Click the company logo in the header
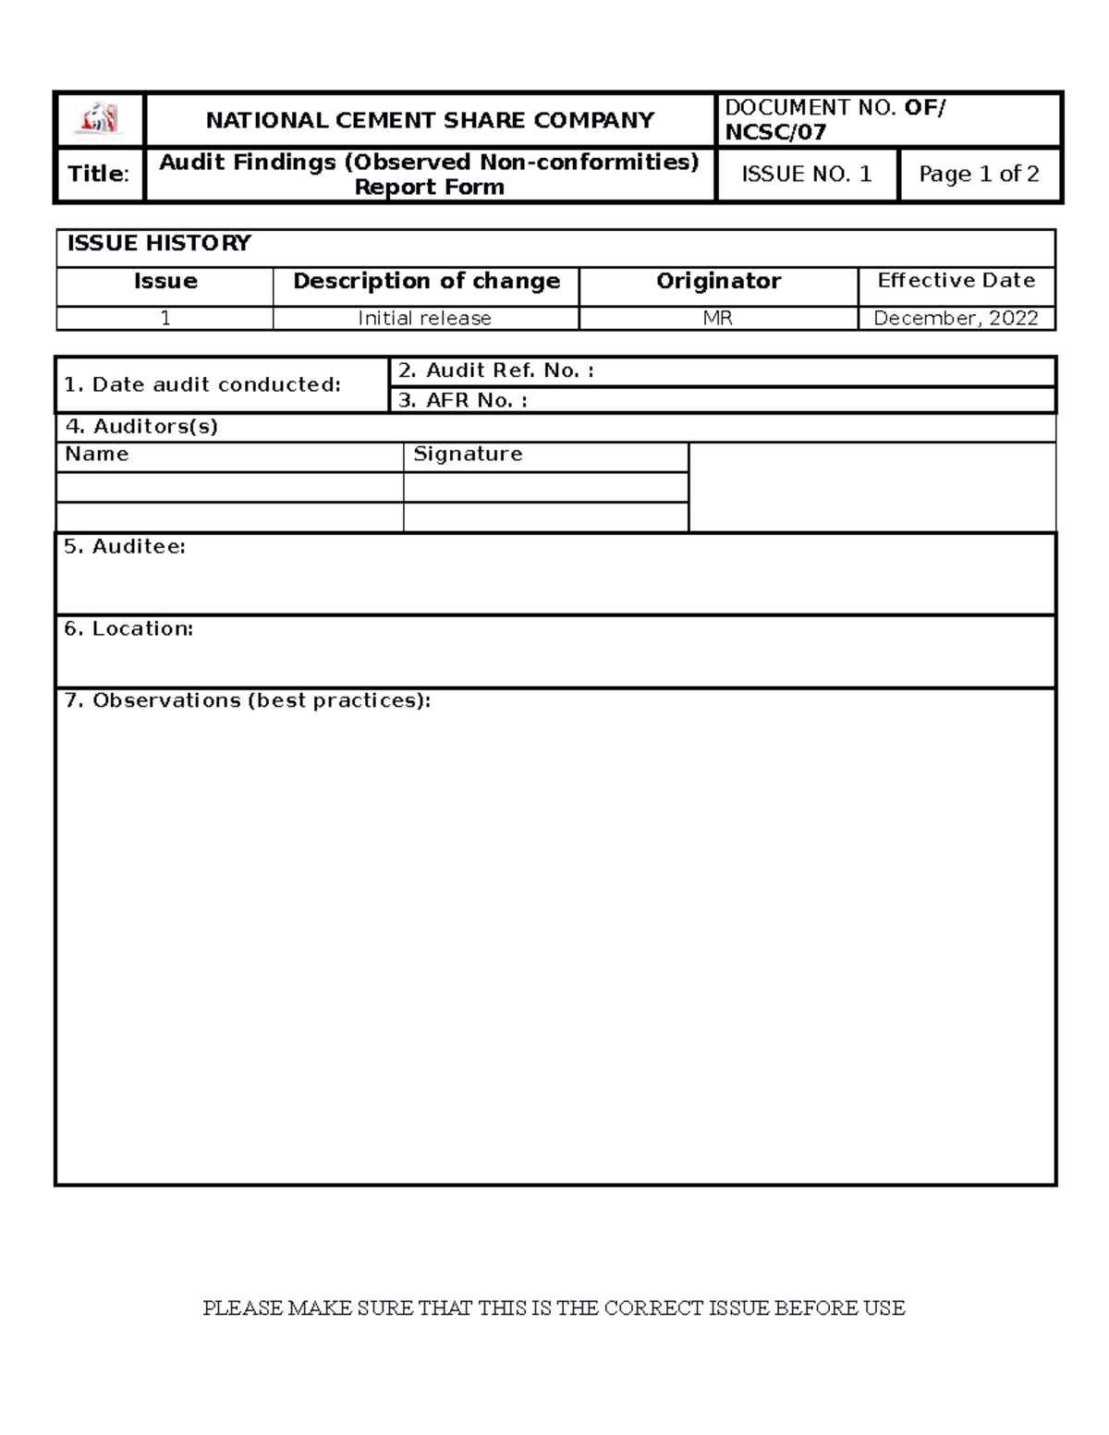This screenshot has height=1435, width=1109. [x=99, y=119]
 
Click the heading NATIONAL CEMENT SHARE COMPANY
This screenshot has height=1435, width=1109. [x=430, y=120]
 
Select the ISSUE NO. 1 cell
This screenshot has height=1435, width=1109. [x=807, y=174]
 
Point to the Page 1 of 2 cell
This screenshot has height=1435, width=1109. [x=979, y=174]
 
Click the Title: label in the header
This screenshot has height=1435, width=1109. [x=99, y=174]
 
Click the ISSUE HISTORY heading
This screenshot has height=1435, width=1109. [x=159, y=244]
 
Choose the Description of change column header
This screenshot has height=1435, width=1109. [x=426, y=281]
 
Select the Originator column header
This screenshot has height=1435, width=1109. [x=718, y=281]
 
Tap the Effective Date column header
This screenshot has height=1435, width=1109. [x=956, y=281]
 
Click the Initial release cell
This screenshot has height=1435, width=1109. [x=424, y=319]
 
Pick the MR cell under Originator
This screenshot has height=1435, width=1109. [x=718, y=319]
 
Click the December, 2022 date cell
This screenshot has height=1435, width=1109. [x=956, y=319]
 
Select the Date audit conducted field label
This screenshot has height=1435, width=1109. [x=202, y=384]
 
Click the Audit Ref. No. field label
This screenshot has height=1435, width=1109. [x=495, y=371]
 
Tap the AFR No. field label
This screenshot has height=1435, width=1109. [x=462, y=400]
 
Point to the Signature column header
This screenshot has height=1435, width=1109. [x=468, y=454]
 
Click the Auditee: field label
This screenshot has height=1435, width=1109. [x=125, y=546]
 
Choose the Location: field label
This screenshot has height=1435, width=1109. [x=128, y=628]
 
